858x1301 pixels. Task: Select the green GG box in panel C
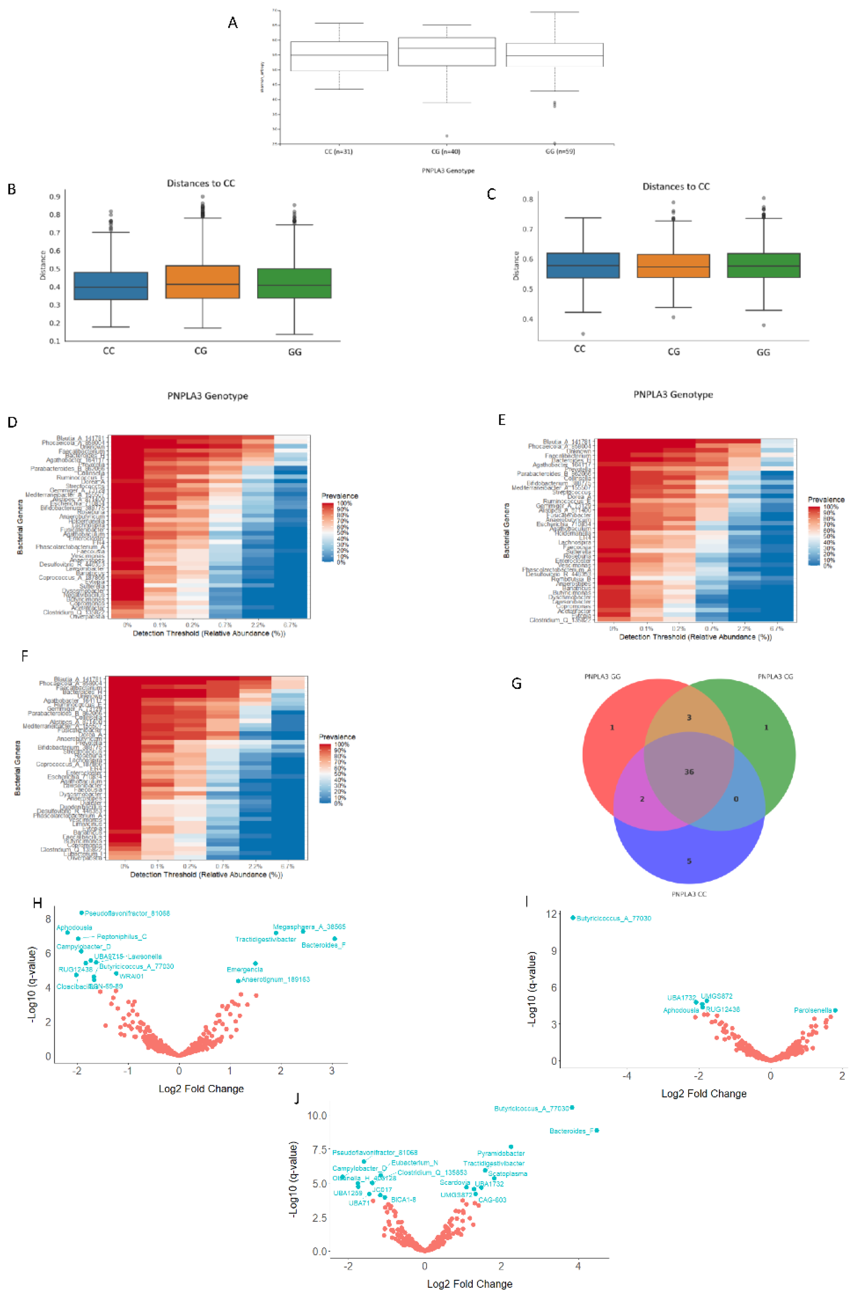pyautogui.click(x=763, y=265)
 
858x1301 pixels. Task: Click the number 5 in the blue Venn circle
pyautogui.click(x=689, y=861)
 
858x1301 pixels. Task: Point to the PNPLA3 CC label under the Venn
pyautogui.click(x=689, y=894)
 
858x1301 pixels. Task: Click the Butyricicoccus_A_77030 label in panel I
pyautogui.click(x=614, y=918)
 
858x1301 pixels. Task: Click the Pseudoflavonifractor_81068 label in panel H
pyautogui.click(x=127, y=913)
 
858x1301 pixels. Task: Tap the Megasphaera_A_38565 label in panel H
pyautogui.click(x=309, y=927)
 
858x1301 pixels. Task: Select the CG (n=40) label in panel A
pyautogui.click(x=445, y=151)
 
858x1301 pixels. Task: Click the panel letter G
pyautogui.click(x=516, y=683)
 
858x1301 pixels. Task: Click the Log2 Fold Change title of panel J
pyautogui.click(x=469, y=1283)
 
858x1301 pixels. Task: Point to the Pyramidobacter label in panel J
pyautogui.click(x=501, y=1153)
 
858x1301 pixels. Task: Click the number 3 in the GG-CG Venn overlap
pyautogui.click(x=689, y=717)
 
